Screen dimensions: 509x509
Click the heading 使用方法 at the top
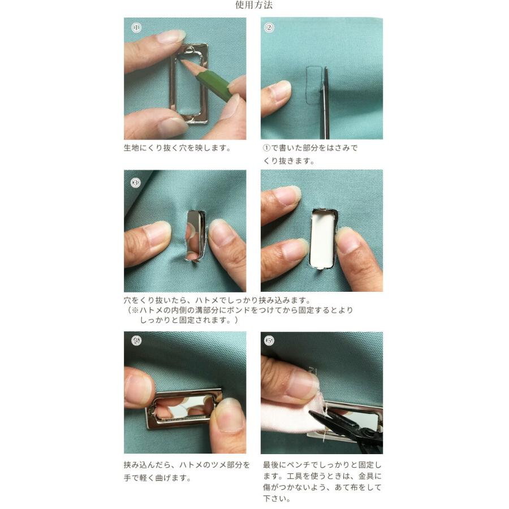point(254,5)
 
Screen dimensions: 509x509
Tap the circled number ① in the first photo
point(136,28)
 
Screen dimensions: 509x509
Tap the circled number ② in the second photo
point(269,28)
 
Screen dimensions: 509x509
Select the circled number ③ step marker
point(136,183)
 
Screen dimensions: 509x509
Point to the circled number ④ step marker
point(136,340)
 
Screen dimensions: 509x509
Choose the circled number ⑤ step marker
point(269,340)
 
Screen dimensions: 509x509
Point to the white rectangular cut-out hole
point(322,239)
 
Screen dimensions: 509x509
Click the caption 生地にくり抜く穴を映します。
point(177,148)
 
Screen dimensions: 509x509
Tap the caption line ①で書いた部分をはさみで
point(310,148)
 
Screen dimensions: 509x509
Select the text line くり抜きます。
point(288,161)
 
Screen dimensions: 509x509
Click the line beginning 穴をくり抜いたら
point(218,300)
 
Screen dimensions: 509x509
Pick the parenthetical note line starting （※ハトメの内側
point(240,310)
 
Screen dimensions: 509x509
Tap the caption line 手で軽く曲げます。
point(157,478)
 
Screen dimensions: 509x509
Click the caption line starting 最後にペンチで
point(322,465)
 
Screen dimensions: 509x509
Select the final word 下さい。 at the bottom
point(277,499)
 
